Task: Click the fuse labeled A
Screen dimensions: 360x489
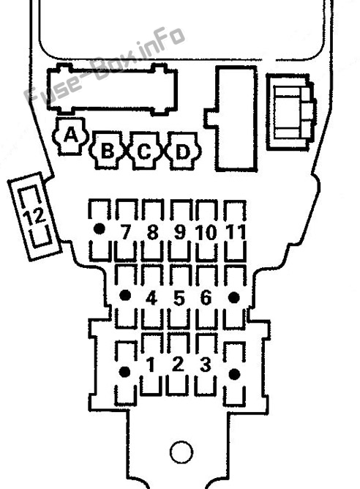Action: point(70,135)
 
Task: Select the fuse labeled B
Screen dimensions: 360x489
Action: point(108,151)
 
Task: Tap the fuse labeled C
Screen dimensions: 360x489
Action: point(144,151)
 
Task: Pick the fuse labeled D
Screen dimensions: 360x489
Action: point(182,151)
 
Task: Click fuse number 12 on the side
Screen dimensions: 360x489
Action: point(34,216)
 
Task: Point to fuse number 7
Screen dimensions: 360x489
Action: point(126,231)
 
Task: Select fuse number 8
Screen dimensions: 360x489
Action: point(152,231)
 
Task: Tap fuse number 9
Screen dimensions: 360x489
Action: point(179,231)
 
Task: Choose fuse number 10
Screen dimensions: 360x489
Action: point(206,231)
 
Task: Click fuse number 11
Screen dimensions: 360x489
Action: point(235,231)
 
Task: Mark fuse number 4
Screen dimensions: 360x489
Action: point(151,298)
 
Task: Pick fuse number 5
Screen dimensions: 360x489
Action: point(179,298)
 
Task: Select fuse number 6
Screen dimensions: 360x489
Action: point(206,298)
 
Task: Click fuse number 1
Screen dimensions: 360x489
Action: point(151,364)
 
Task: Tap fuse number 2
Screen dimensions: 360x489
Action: point(178,364)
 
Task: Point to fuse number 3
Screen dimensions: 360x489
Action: point(206,364)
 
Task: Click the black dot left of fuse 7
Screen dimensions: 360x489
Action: point(100,229)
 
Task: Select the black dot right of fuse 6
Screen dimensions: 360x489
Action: point(233,298)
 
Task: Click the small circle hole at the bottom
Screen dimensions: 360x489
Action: point(181,452)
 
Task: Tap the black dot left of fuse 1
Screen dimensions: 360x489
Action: point(125,372)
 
